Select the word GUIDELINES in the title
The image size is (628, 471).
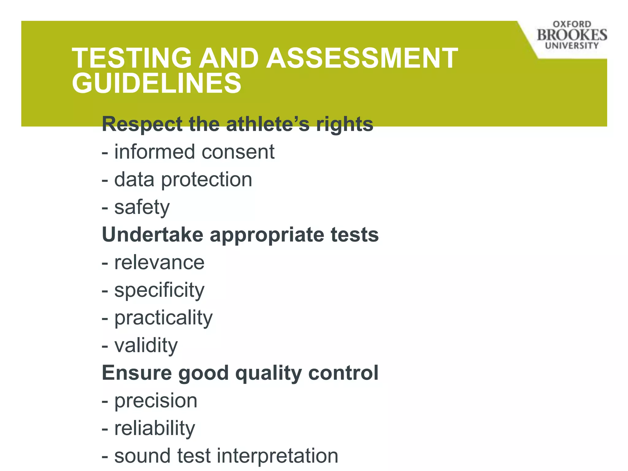coord(157,83)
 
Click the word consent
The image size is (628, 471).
coord(238,152)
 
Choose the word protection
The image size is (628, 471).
coord(206,179)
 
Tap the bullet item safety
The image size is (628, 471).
coord(142,207)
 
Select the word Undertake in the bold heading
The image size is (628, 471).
coord(152,235)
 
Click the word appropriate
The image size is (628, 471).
coord(267,235)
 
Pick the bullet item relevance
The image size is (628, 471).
coord(159,262)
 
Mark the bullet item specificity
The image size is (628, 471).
coord(159,290)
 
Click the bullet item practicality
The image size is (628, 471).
coord(163,318)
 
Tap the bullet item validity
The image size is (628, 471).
coord(146,345)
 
